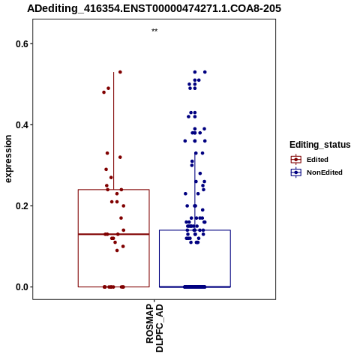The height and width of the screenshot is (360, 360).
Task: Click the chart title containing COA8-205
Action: click(x=154, y=8)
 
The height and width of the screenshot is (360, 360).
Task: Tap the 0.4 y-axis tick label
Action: click(x=21, y=125)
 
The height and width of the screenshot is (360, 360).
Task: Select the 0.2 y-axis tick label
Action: click(x=21, y=206)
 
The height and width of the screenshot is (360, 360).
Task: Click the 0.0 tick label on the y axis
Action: click(x=21, y=287)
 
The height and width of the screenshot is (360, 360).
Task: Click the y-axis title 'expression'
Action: click(x=8, y=159)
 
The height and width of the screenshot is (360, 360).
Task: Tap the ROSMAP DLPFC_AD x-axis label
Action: click(x=154, y=328)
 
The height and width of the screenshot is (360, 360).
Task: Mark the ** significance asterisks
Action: click(x=154, y=31)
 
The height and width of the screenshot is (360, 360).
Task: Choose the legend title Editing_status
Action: click(x=320, y=145)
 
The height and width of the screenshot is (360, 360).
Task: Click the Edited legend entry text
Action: click(x=317, y=160)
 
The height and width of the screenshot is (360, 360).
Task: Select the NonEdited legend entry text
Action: click(x=325, y=172)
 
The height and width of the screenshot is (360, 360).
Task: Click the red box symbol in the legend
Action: click(x=296, y=159)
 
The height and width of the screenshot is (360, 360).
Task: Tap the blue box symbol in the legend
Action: click(x=296, y=172)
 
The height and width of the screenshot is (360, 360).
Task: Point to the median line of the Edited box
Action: click(x=114, y=234)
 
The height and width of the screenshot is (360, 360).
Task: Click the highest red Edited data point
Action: click(x=120, y=72)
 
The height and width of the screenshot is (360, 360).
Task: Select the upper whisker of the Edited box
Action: click(x=114, y=130)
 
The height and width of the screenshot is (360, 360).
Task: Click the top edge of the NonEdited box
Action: click(x=195, y=230)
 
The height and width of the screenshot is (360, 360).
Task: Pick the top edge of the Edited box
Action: click(x=114, y=190)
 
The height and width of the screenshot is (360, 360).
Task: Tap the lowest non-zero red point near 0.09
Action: click(x=117, y=250)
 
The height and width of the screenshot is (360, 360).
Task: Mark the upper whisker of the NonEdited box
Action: click(x=195, y=191)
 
